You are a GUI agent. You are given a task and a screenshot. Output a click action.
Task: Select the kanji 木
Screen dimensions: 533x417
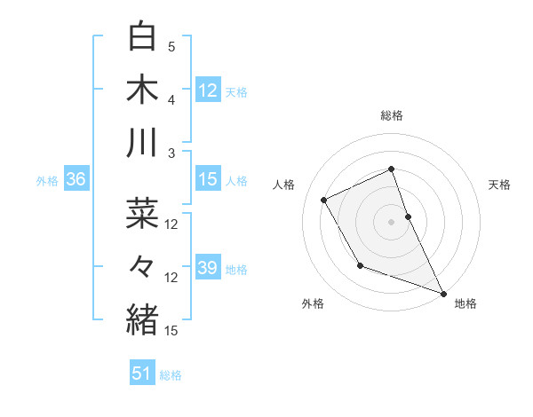(142, 90)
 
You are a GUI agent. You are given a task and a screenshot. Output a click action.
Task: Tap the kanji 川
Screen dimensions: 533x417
(142, 143)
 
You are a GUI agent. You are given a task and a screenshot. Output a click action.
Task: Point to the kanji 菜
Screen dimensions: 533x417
(142, 213)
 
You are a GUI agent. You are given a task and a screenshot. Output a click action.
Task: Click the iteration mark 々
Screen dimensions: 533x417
(142, 265)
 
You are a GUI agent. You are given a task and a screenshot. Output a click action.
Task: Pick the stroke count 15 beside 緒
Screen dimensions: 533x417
(171, 331)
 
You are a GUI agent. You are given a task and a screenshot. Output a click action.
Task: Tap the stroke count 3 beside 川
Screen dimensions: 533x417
(171, 153)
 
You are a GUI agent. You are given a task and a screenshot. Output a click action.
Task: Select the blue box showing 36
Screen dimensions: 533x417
(76, 180)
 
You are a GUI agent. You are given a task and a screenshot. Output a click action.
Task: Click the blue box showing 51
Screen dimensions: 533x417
(142, 374)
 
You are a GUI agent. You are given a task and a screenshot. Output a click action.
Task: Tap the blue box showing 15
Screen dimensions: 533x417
(207, 180)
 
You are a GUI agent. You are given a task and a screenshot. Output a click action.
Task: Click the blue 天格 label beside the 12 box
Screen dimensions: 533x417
(236, 91)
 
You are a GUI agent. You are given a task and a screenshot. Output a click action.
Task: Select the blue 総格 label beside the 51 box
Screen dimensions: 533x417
(171, 375)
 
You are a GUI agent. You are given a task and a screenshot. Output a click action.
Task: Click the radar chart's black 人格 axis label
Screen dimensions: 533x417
(283, 185)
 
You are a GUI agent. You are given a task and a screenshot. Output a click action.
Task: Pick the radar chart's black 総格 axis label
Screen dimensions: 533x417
(391, 115)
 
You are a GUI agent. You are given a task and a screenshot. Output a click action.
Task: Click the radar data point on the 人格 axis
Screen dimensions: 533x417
(323, 200)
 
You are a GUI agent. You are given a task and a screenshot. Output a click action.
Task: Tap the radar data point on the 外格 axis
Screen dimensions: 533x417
(360, 265)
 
